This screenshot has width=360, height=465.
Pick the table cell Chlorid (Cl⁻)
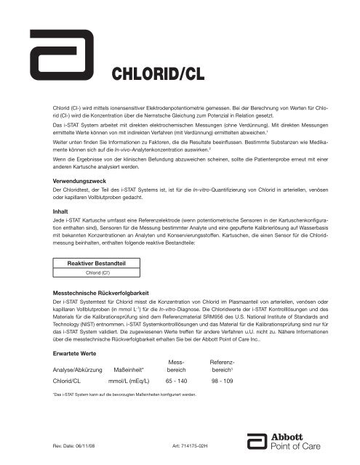coord(92,274)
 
